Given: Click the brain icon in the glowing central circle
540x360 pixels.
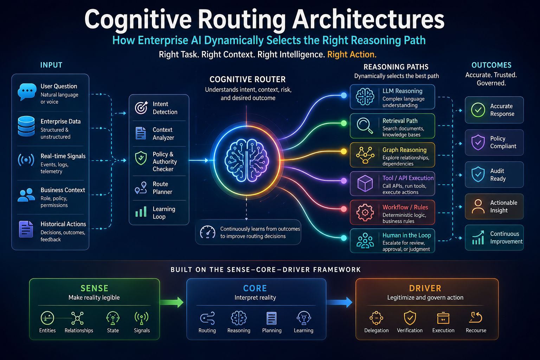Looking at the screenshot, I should [247, 160].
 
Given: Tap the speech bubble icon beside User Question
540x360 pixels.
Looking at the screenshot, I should [27, 91].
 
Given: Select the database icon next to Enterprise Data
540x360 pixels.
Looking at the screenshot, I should [26, 126].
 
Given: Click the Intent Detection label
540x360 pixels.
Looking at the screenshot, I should [165, 108].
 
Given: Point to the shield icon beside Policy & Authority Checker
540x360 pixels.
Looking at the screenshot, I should [141, 158].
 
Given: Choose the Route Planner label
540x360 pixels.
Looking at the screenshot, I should [162, 188].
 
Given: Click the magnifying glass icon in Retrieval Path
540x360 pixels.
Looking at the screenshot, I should [365, 126].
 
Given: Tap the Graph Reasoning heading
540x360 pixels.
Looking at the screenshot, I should [404, 150].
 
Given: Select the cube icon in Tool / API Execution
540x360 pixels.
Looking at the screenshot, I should [365, 184].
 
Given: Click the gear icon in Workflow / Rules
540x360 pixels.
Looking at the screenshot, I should [365, 212].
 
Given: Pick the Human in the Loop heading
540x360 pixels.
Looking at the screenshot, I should [407, 235].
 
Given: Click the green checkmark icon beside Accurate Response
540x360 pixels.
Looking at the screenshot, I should [478, 110].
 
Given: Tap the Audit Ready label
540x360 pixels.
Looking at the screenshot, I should [498, 175].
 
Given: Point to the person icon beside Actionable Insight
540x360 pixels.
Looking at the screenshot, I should [478, 206].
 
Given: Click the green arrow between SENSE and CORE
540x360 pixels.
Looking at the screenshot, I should [172, 302].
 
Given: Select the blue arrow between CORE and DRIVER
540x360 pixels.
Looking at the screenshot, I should [340, 302].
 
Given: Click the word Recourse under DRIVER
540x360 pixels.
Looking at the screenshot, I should [476, 330].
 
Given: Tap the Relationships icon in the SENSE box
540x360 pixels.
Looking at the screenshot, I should [77, 318].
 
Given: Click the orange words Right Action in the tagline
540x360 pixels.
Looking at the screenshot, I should [352, 54].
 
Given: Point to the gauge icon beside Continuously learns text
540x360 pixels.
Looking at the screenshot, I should [207, 232].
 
